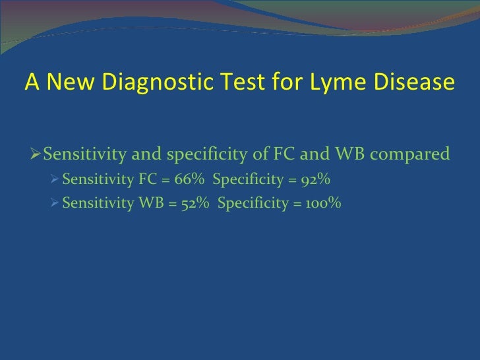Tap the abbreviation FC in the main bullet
pos(291,155)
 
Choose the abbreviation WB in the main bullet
pos(343,155)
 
